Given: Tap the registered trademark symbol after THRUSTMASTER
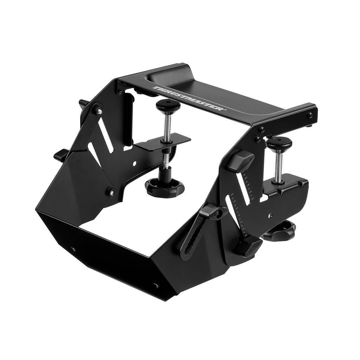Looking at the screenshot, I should click(225, 110).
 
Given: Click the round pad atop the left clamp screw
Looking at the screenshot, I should click(168, 104).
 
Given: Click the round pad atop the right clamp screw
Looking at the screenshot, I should click(279, 143).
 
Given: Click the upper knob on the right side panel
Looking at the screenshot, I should click(240, 161).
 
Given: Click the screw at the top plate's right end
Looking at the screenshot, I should click(310, 115).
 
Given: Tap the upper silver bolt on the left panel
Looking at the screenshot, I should click(99, 111).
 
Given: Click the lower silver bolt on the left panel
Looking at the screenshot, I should click(112, 192).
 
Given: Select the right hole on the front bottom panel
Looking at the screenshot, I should click(156, 285).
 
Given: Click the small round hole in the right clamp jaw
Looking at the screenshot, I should click(270, 215).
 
